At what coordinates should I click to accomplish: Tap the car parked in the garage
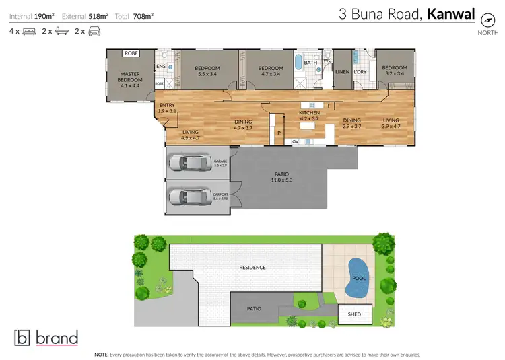[189, 162]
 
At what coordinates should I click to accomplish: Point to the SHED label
[353, 314]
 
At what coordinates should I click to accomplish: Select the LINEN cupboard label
[343, 71]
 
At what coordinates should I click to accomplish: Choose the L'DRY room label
[360, 71]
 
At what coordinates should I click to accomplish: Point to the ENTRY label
[166, 106]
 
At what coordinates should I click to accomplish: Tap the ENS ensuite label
[161, 66]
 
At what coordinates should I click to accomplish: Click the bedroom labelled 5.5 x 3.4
[207, 71]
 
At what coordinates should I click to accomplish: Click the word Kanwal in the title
[450, 13]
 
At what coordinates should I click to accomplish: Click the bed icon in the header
[30, 31]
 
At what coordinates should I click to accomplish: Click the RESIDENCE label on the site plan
[252, 267]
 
